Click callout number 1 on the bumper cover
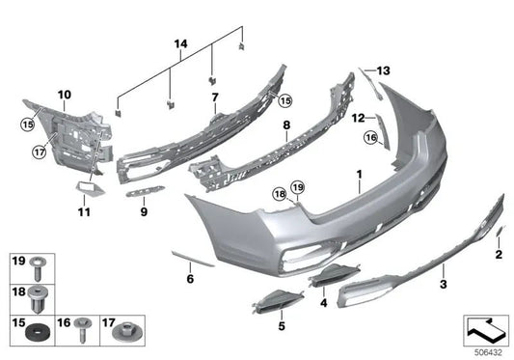pyautogui.click(x=358, y=176)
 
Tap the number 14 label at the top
pyautogui.click(x=177, y=44)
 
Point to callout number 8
pyautogui.click(x=285, y=125)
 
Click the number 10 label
pyautogui.click(x=65, y=94)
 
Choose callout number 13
pyautogui.click(x=384, y=70)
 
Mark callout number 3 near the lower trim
pyautogui.click(x=443, y=286)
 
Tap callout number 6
pyautogui.click(x=190, y=279)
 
